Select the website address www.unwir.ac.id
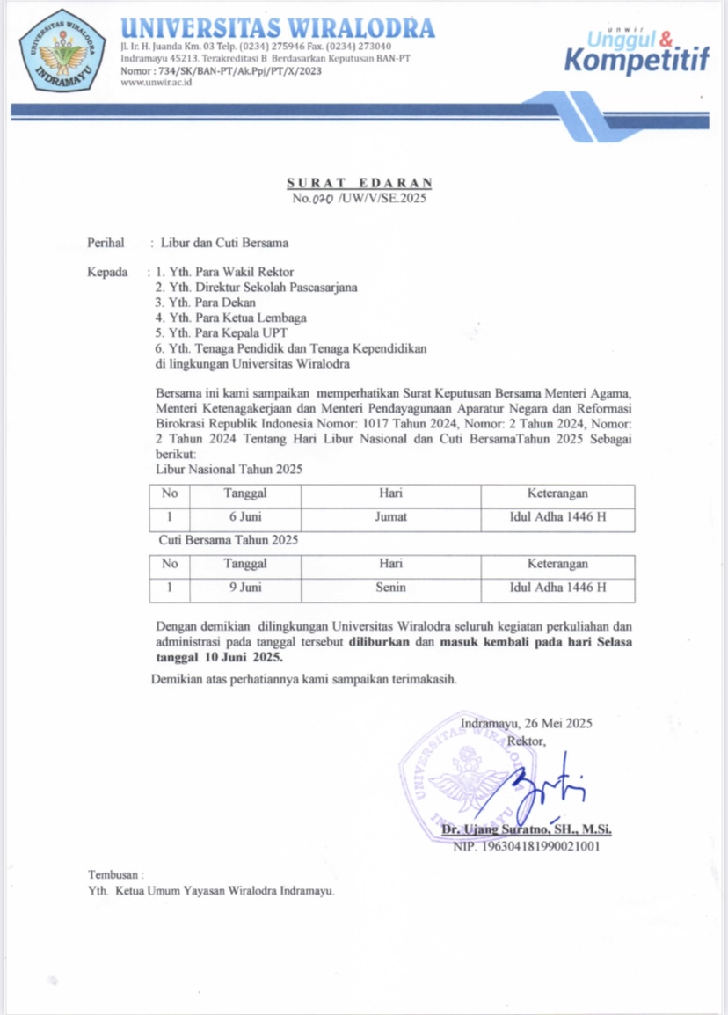point(156,83)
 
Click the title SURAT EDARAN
point(360,183)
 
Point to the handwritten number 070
point(326,199)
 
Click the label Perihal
point(106,243)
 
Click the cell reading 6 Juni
point(245,517)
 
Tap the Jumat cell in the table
point(390,517)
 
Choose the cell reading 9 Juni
point(245,588)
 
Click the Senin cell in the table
point(390,588)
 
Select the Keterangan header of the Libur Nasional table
point(557,494)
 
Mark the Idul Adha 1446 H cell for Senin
point(557,588)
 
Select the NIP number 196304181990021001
point(526,847)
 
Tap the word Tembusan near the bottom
point(115,875)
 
